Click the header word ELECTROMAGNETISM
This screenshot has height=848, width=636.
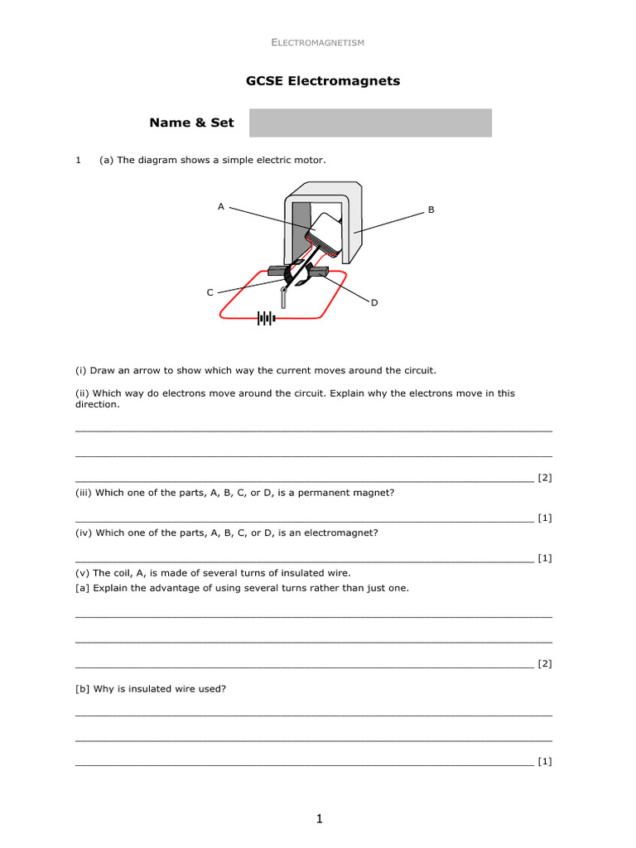pyautogui.click(x=318, y=42)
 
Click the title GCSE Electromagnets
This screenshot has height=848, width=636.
pyautogui.click(x=323, y=81)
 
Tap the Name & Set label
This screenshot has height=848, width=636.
pyautogui.click(x=191, y=123)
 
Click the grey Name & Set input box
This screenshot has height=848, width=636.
pyautogui.click(x=370, y=123)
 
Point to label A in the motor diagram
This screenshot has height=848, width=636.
pyautogui.click(x=221, y=206)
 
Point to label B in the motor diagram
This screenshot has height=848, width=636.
pyautogui.click(x=431, y=210)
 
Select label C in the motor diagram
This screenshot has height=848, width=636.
pyautogui.click(x=210, y=292)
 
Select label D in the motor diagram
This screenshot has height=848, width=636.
pyautogui.click(x=374, y=303)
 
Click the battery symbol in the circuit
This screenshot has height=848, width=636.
pyautogui.click(x=265, y=318)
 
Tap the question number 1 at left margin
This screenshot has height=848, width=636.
pyautogui.click(x=78, y=161)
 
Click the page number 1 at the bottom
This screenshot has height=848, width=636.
pyautogui.click(x=318, y=819)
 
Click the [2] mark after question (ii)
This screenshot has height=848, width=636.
pyautogui.click(x=544, y=477)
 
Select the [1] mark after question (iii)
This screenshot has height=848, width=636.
pyautogui.click(x=544, y=518)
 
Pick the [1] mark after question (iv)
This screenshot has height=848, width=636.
pyautogui.click(x=544, y=558)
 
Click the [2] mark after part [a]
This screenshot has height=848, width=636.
pyautogui.click(x=544, y=663)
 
